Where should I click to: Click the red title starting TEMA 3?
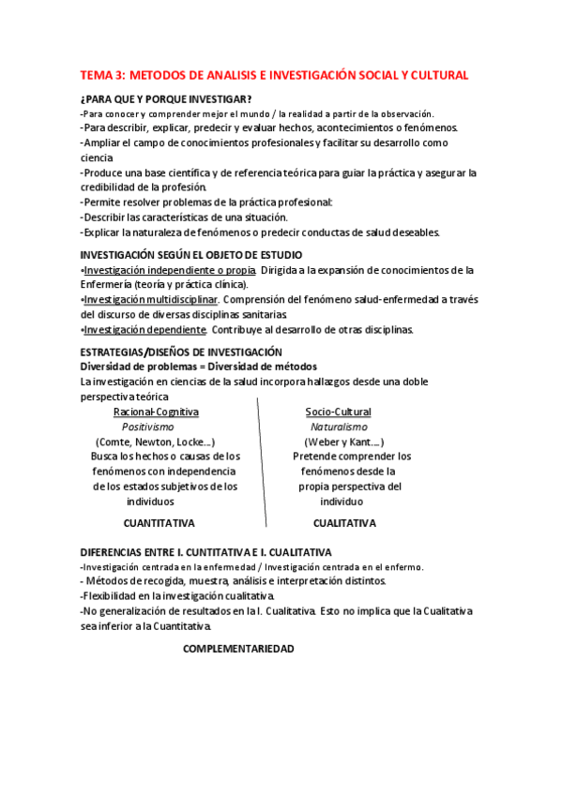click(274, 75)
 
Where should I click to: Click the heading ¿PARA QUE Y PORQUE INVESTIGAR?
click(165, 99)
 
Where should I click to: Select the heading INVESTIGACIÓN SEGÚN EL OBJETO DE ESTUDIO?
click(190, 255)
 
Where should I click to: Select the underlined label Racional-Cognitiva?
click(156, 412)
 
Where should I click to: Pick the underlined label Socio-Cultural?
click(338, 412)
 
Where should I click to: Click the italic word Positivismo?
click(155, 427)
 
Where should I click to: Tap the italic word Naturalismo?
click(337, 427)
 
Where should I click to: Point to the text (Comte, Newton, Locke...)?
click(156, 442)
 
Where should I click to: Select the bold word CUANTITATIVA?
click(165, 523)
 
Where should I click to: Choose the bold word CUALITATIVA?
click(344, 523)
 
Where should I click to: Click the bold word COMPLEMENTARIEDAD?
click(238, 649)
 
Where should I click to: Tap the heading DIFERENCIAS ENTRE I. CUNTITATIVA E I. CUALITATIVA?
click(205, 553)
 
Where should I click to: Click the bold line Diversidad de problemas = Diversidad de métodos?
click(199, 367)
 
